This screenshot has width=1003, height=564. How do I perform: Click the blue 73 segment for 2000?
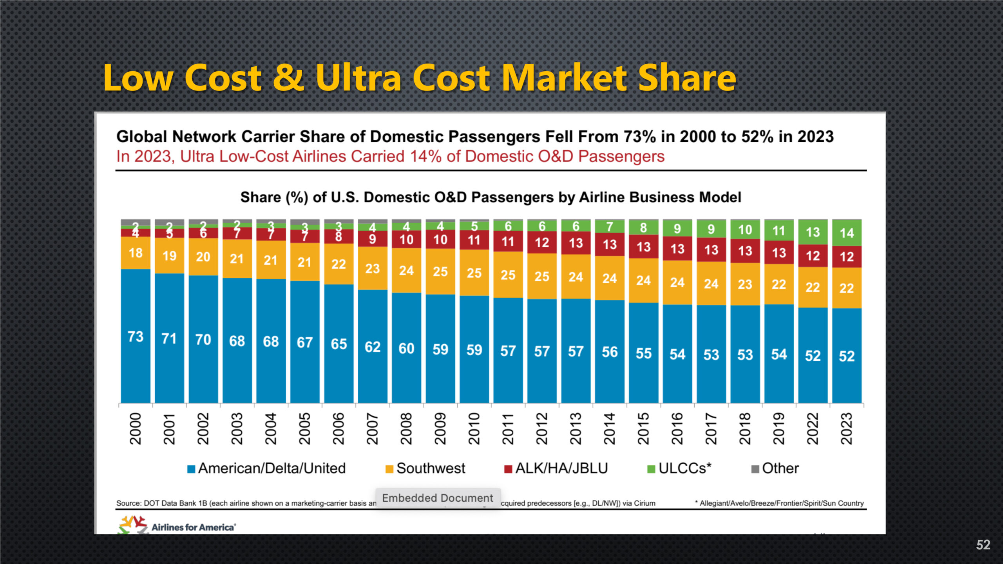(136, 336)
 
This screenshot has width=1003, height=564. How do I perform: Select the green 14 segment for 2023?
(847, 233)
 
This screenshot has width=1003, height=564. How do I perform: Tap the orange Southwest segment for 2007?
(373, 268)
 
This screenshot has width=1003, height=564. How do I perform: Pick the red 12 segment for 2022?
(813, 256)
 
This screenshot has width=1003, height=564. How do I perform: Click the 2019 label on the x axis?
(779, 428)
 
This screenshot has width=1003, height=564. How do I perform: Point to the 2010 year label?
(474, 428)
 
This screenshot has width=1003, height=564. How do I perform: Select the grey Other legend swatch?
(755, 469)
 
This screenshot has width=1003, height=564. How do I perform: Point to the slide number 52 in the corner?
(983, 545)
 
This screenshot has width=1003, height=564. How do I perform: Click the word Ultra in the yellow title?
(358, 78)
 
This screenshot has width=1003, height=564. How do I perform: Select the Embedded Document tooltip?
(438, 498)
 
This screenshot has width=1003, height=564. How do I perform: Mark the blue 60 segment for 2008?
(406, 348)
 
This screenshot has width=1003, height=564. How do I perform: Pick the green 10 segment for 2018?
(745, 230)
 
